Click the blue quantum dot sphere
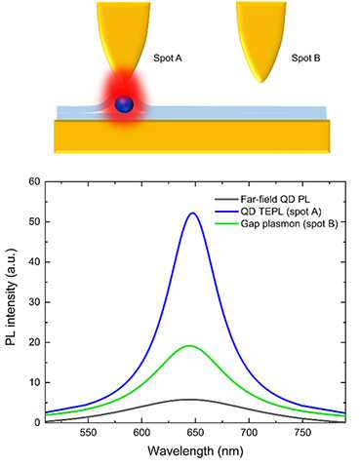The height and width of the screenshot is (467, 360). [124, 104]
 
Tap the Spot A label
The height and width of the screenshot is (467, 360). [168, 58]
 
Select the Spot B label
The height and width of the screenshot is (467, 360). [305, 58]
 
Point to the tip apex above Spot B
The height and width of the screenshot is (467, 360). [261, 82]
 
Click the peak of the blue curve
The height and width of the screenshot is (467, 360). [193, 213]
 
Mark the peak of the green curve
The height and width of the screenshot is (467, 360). [189, 346]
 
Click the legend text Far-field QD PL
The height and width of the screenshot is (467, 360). [275, 199]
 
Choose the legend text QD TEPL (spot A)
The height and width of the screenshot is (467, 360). [281, 212]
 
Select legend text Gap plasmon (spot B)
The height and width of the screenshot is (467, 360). [289, 223]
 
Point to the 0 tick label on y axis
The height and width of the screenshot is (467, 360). [37, 422]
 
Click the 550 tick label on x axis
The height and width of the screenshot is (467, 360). [88, 433]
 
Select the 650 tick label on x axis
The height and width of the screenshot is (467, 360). [195, 433]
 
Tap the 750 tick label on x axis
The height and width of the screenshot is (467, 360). [302, 433]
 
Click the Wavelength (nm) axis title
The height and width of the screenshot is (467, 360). [195, 451]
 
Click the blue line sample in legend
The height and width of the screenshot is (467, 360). [226, 212]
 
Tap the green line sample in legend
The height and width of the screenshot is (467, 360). [226, 224]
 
